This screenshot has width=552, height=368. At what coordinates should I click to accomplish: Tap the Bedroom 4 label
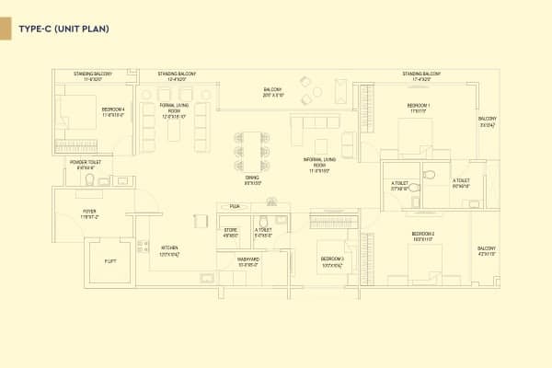tap(112, 110)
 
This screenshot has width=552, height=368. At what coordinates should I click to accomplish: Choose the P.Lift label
tap(109, 261)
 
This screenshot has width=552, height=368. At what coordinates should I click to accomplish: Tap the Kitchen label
tap(168, 250)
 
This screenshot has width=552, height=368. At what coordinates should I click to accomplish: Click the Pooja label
tap(236, 207)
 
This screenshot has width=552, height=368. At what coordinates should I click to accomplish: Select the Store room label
tap(231, 233)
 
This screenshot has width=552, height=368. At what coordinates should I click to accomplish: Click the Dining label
tap(251, 181)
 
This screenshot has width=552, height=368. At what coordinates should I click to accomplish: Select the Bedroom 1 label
tap(419, 109)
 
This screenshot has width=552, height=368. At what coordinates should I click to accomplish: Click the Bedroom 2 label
tap(422, 236)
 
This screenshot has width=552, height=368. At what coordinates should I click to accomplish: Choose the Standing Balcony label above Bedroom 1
tap(422, 75)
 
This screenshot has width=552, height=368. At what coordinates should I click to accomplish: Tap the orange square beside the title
tap(5, 29)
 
